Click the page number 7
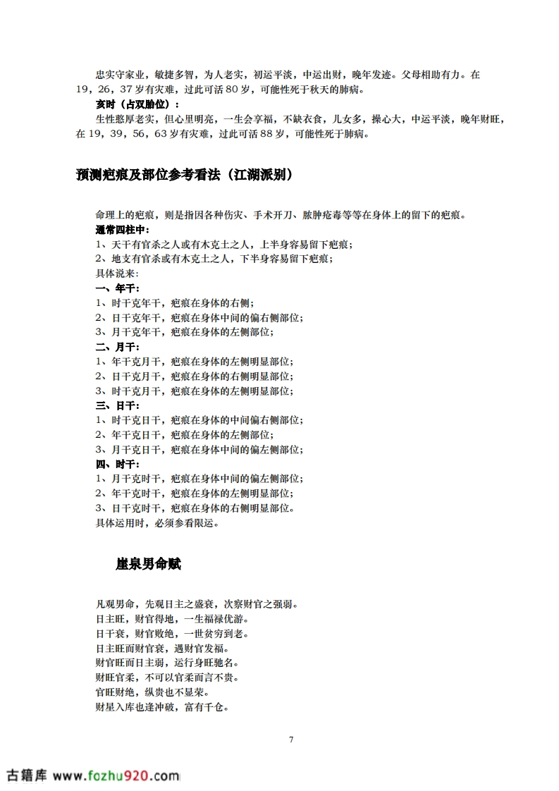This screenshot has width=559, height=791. [x=290, y=740]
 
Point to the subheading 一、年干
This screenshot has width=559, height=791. [x=117, y=288]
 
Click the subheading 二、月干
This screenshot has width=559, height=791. [x=117, y=347]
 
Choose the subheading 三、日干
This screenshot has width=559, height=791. [x=117, y=405]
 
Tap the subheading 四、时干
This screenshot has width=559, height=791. [x=117, y=464]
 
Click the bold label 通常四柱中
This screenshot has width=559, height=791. [x=122, y=230]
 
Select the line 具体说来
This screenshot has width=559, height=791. [x=117, y=274]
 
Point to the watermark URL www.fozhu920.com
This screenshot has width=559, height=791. [x=116, y=775]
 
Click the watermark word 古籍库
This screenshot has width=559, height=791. [x=26, y=775]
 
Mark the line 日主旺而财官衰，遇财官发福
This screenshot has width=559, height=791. [x=162, y=648]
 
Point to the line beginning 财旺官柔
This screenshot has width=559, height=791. [x=166, y=677]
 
